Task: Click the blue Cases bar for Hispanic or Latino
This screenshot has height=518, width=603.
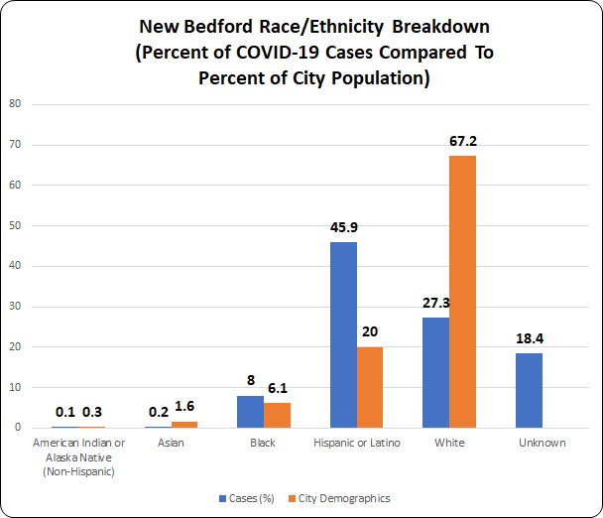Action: click(x=343, y=334)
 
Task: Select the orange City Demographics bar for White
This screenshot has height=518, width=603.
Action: click(x=463, y=292)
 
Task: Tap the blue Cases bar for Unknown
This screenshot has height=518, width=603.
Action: click(x=529, y=390)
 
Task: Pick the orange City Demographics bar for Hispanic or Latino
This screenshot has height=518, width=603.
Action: click(x=370, y=387)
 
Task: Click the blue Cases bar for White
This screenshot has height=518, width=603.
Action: click(x=435, y=372)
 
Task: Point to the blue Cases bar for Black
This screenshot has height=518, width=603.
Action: click(x=250, y=412)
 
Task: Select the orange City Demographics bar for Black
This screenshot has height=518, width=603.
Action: click(x=277, y=415)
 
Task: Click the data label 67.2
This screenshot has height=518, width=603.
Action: click(x=463, y=141)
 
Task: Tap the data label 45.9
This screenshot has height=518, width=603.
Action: click(x=343, y=227)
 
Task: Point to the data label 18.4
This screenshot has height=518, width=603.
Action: click(x=529, y=338)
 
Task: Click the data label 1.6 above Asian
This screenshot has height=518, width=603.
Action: click(x=184, y=407)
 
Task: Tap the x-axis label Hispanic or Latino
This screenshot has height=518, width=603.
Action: click(x=356, y=443)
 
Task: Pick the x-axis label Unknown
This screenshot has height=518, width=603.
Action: click(x=542, y=443)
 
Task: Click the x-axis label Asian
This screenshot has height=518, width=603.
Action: click(x=171, y=443)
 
